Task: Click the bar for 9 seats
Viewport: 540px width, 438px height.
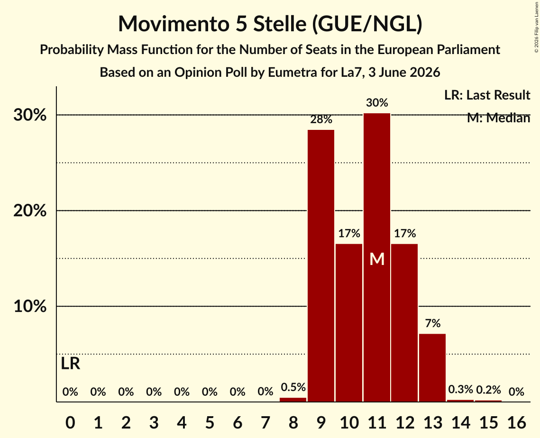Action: (321, 265)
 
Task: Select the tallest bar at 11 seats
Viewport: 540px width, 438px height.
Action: (377, 257)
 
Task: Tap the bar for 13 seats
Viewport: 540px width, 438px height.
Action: (432, 368)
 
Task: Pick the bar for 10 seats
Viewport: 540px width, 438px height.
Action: (349, 323)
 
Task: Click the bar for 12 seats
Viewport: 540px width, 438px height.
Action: (405, 323)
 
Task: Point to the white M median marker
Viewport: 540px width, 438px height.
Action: (377, 259)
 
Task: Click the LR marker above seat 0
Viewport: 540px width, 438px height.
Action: (70, 364)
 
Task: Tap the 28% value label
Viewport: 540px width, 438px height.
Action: (321, 119)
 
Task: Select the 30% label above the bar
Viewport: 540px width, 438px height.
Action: (377, 102)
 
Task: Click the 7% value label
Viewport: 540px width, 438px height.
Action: (432, 323)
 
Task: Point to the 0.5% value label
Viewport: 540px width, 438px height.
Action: (293, 387)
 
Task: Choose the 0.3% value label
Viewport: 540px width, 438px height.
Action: (460, 390)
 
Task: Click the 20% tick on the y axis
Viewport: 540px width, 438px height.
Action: (30, 210)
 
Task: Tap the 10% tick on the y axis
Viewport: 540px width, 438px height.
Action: (30, 306)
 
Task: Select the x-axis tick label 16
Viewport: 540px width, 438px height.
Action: (516, 423)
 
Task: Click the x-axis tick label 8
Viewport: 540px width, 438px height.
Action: (293, 423)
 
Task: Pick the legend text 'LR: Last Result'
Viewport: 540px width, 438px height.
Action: (487, 95)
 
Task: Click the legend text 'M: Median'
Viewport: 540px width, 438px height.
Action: (498, 118)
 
